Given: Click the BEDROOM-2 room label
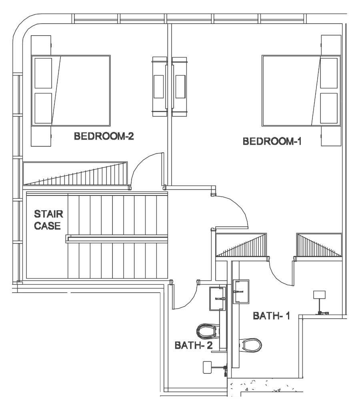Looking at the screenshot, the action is (104, 136).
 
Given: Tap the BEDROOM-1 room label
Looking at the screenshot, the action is (272, 142).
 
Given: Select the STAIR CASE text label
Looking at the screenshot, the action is (48, 220).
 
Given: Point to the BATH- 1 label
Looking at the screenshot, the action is (272, 316).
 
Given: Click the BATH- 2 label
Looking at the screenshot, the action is (194, 345).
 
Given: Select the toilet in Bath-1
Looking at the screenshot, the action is (250, 345).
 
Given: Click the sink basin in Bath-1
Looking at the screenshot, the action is (241, 292).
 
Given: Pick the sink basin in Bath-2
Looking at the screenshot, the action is (217, 299).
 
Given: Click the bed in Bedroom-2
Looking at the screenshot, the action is (71, 90).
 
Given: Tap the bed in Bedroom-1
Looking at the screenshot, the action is (301, 90).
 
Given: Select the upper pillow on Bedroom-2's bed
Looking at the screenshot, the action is (43, 73).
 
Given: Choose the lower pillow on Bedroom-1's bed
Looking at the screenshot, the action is (329, 108).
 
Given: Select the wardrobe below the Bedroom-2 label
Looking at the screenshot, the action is (75, 173).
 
